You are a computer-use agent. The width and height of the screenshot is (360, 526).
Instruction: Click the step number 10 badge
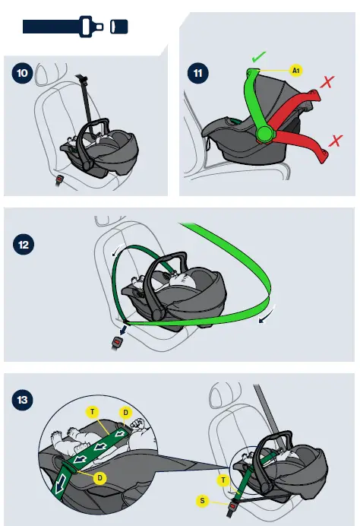(x=23, y=73)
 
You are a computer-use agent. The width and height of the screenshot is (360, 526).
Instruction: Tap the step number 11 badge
(x=197, y=73)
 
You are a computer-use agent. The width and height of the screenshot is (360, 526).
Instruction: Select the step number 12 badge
(x=24, y=244)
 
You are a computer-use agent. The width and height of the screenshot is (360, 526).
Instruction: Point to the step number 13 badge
(x=23, y=400)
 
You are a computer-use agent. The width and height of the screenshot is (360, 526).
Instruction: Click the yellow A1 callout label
(x=295, y=71)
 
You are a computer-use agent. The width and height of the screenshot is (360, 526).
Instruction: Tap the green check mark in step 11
(x=258, y=57)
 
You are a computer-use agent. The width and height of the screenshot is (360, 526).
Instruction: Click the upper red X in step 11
(x=327, y=82)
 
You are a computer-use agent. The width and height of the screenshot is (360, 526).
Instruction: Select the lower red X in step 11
(x=336, y=141)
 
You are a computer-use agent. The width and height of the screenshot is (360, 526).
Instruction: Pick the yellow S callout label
(x=202, y=501)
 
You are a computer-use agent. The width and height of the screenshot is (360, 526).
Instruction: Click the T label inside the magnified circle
(x=93, y=412)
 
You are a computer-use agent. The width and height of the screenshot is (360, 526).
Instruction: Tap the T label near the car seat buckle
(x=223, y=480)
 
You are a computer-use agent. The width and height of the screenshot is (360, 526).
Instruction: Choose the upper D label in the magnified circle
(x=126, y=412)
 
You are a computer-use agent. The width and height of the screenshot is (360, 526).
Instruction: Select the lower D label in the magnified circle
(x=100, y=478)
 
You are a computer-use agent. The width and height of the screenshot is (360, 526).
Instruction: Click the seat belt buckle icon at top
(x=75, y=27)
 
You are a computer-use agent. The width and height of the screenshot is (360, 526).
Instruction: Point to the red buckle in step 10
(x=60, y=179)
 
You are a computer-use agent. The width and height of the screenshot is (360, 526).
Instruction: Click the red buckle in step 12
(x=117, y=343)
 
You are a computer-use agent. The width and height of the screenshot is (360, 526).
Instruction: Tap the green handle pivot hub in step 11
(x=266, y=135)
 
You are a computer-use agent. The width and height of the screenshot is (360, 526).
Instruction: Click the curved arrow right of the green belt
(x=268, y=315)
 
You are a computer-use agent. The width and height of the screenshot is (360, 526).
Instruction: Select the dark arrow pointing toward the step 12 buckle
(x=123, y=330)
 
